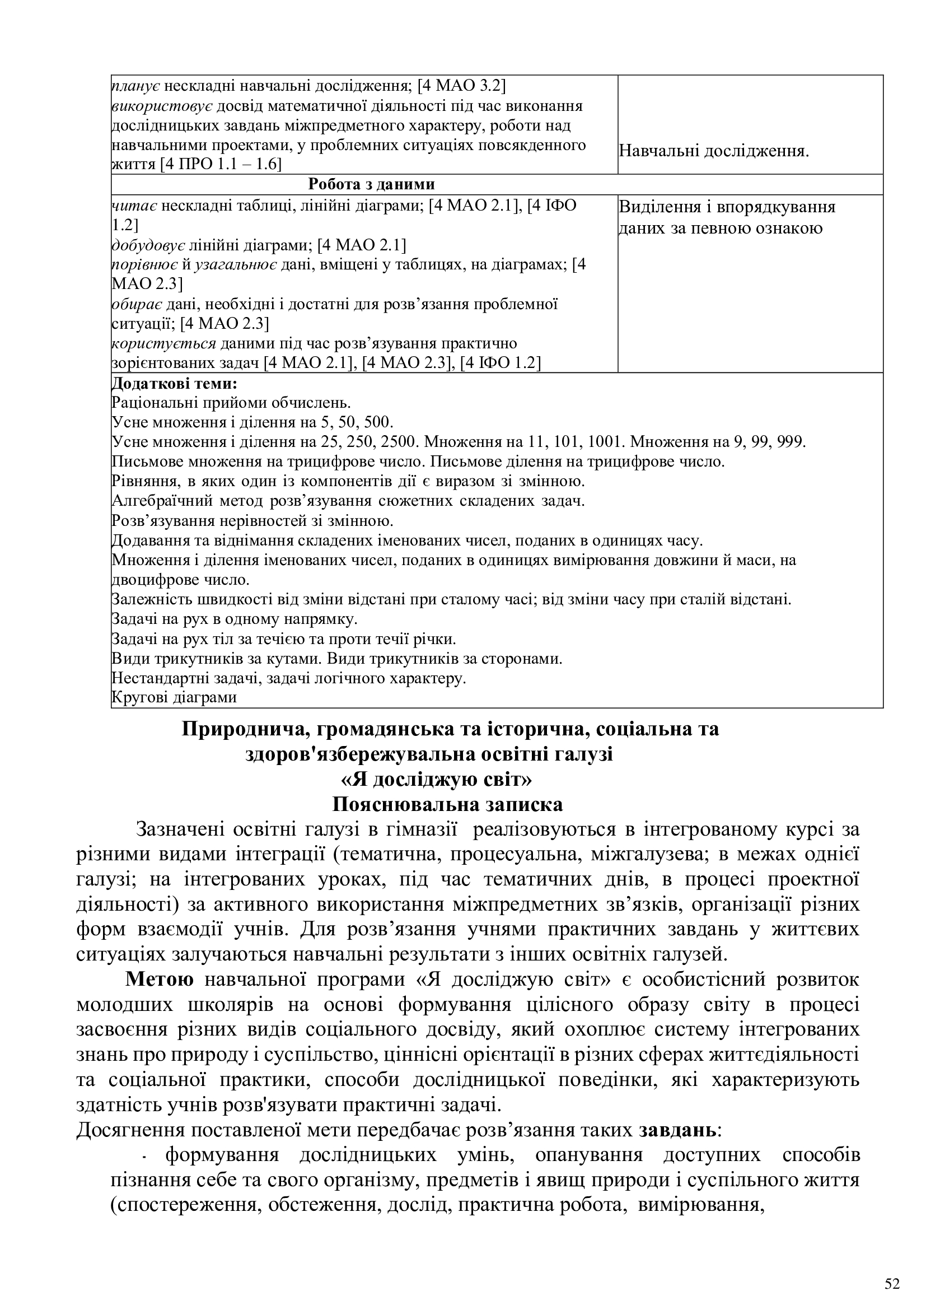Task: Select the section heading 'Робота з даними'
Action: coord(371,184)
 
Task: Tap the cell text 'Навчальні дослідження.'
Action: coord(714,151)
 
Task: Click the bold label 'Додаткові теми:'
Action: coord(174,384)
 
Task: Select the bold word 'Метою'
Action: coord(160,979)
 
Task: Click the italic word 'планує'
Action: coord(135,86)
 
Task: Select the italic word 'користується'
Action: coord(163,343)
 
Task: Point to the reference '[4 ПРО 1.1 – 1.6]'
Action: coord(221,165)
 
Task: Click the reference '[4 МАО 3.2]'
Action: coord(461,86)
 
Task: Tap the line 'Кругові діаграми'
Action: coord(174,697)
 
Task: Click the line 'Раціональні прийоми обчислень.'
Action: coord(231,403)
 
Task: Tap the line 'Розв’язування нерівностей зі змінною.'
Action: coord(252,520)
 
